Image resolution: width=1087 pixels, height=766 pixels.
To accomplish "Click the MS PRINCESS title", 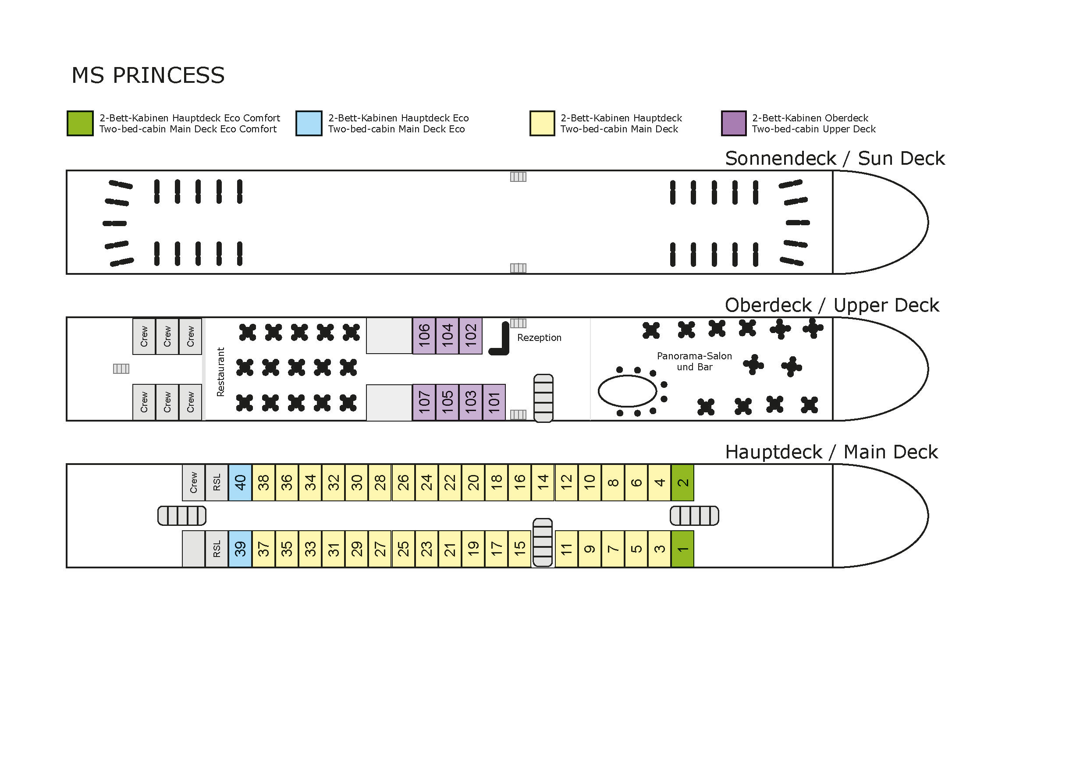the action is pyautogui.click(x=148, y=75).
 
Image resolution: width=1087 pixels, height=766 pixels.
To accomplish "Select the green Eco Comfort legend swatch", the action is pyautogui.click(x=80, y=123).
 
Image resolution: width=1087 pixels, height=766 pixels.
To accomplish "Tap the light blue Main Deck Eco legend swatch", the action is pyautogui.click(x=309, y=123).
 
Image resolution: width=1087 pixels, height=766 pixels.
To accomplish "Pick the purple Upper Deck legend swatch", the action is pyautogui.click(x=734, y=123).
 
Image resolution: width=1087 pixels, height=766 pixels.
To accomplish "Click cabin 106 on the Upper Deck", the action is pyautogui.click(x=424, y=336).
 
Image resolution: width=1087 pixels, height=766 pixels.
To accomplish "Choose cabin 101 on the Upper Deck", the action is pyautogui.click(x=494, y=402).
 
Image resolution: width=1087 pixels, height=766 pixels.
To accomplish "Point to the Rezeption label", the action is pyautogui.click(x=539, y=337).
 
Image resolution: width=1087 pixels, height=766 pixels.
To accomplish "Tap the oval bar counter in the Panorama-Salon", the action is pyautogui.click(x=598, y=391).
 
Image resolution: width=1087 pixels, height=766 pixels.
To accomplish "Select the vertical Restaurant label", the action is pyautogui.click(x=220, y=372).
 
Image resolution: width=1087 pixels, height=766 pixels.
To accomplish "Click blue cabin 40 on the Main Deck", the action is pyautogui.click(x=240, y=482).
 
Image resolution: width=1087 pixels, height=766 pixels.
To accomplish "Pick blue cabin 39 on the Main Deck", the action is pyautogui.click(x=240, y=549).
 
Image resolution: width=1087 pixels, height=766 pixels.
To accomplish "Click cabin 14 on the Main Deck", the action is pyautogui.click(x=543, y=482).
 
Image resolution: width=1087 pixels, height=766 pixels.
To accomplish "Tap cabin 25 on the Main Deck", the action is pyautogui.click(x=403, y=549).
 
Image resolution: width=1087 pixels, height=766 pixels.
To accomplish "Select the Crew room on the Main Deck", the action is pyautogui.click(x=194, y=482).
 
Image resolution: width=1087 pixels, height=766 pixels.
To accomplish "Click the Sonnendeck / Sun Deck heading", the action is pyautogui.click(x=835, y=159).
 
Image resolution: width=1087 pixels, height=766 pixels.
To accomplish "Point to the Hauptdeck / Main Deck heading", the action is pyautogui.click(x=831, y=452).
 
